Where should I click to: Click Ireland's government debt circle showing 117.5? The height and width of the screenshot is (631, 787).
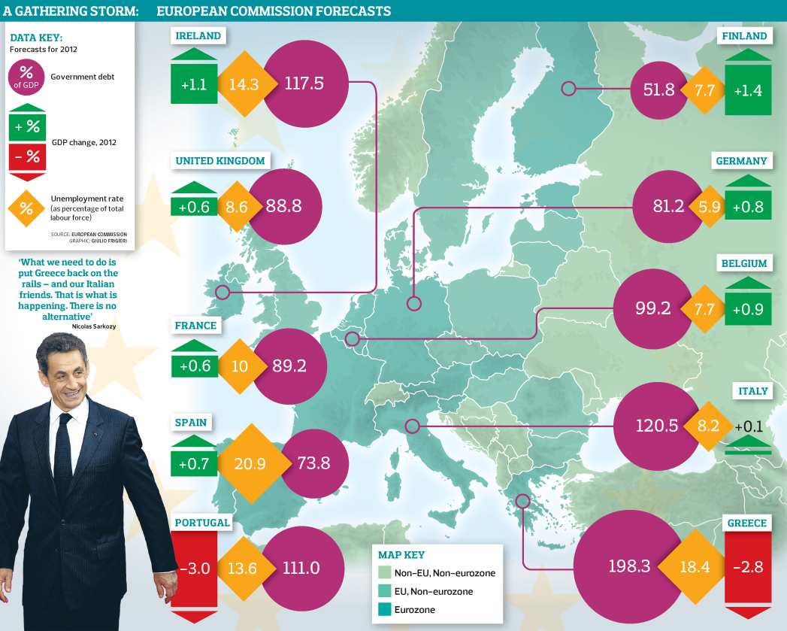tap(304, 83)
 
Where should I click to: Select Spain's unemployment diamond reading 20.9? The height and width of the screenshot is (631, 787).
tap(250, 464)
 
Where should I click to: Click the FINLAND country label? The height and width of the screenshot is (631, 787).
tap(744, 35)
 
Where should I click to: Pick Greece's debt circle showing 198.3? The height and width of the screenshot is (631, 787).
tap(620, 566)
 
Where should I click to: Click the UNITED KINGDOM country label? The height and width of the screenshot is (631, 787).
tap(220, 161)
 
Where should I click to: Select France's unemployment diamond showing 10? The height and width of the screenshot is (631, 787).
tap(240, 366)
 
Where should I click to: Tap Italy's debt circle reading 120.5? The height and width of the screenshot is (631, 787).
tap(652, 425)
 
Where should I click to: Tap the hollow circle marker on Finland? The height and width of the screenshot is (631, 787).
tap(568, 89)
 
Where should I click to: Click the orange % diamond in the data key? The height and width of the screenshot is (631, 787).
tap(26, 209)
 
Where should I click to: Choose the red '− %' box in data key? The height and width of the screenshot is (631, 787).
tap(26, 156)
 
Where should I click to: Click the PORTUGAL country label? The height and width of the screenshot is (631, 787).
tap(202, 523)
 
